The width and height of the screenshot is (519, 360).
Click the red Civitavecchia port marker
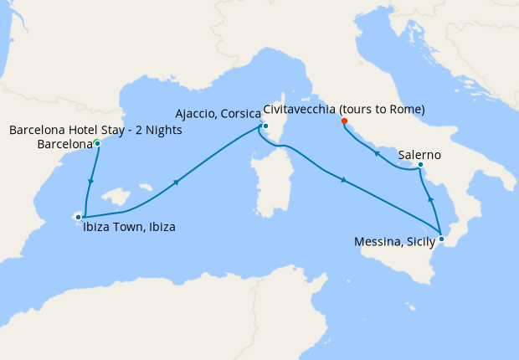(344, 121)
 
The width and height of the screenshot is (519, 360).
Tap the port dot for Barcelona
(97, 143)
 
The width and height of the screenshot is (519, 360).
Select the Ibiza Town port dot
(78, 217)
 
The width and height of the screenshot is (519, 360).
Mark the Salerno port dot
(419, 164)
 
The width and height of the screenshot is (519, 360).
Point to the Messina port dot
(442, 239)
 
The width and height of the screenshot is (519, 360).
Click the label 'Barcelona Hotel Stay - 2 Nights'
(95, 131)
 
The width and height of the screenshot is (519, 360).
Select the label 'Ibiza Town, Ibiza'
(129, 226)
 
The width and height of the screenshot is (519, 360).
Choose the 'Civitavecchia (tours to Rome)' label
(344, 110)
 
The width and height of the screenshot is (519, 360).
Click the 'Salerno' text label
(420, 155)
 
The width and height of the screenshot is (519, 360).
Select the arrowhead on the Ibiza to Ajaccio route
(177, 183)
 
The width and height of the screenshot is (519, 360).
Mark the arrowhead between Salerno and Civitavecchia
(375, 153)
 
